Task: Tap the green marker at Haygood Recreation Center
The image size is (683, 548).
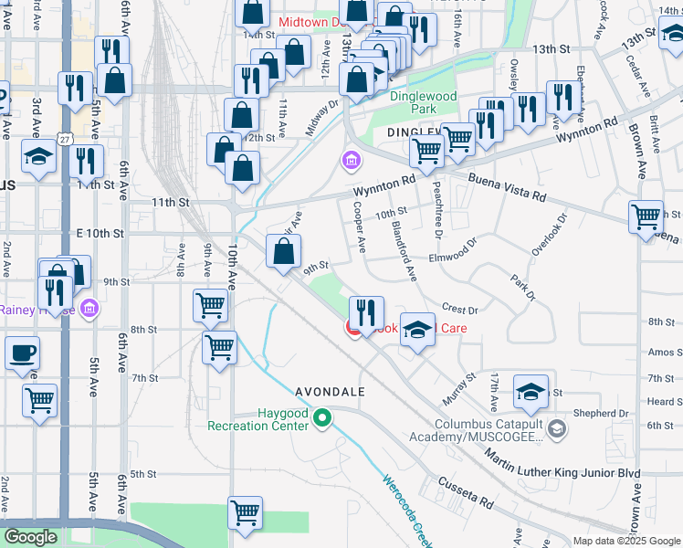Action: (321, 418)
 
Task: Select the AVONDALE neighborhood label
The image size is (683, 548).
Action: (330, 392)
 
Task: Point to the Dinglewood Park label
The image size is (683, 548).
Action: (423, 102)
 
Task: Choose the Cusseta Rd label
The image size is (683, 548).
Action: (465, 492)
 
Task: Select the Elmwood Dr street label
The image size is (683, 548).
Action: (447, 251)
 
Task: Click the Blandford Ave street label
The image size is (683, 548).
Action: (404, 249)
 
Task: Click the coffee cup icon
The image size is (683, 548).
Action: (23, 353)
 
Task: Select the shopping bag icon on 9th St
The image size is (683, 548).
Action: (283, 251)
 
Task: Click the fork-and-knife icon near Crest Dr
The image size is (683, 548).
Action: (366, 312)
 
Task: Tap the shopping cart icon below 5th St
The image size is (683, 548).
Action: (246, 513)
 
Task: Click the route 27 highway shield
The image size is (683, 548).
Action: (63, 138)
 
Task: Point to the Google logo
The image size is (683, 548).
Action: (31, 537)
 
